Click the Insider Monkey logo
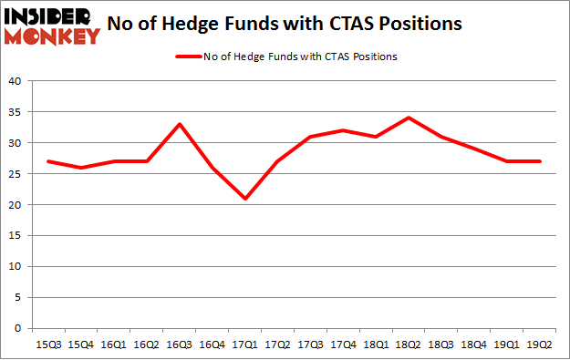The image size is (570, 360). [x=52, y=25]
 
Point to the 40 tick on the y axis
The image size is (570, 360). [x=16, y=81]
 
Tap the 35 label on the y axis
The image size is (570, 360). [x=16, y=112]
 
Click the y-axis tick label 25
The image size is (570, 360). [x=16, y=174]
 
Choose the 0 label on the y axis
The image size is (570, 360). [x=18, y=329]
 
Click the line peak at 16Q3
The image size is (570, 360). [x=179, y=124]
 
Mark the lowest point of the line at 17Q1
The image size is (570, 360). [x=244, y=199]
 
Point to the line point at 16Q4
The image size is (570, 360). [x=212, y=168]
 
